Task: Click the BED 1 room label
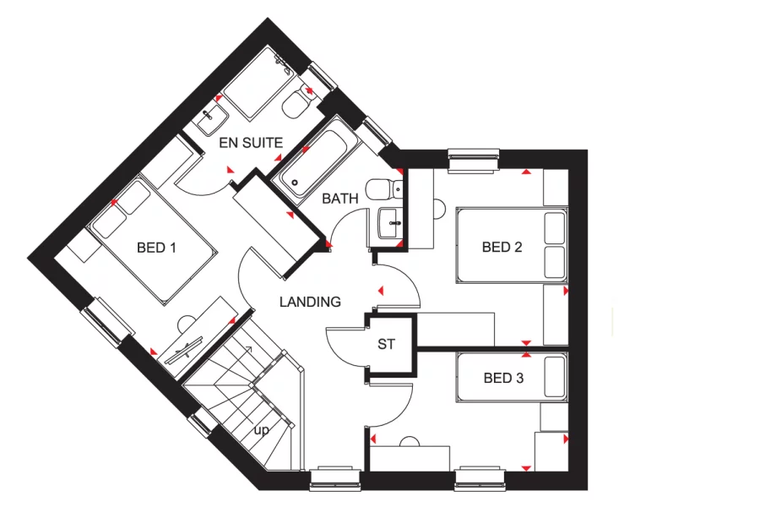click(156, 248)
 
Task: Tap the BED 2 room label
click(502, 248)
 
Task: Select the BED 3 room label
click(503, 378)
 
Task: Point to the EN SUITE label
click(251, 143)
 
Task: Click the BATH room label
click(340, 199)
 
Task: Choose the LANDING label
click(310, 302)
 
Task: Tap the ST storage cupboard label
click(387, 344)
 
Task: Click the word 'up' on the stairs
click(262, 430)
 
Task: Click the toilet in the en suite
click(296, 105)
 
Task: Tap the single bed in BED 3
click(511, 375)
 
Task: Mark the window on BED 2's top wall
click(474, 159)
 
